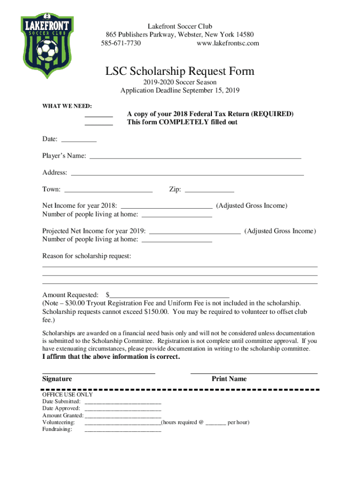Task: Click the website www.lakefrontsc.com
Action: pyautogui.click(x=228, y=44)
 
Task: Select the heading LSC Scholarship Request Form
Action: pyautogui.click(x=180, y=71)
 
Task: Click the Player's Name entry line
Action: pyautogui.click(x=195, y=158)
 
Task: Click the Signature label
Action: pyautogui.click(x=57, y=379)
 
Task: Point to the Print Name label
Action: pyautogui.click(x=229, y=379)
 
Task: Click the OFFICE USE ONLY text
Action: pyautogui.click(x=67, y=394)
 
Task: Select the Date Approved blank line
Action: pyautogui.click(x=122, y=409)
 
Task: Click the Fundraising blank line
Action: pyautogui.click(x=122, y=430)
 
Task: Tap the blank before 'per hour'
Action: pyautogui.click(x=216, y=423)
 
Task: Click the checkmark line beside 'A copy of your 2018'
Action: pyautogui.click(x=99, y=116)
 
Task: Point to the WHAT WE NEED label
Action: pyautogui.click(x=67, y=106)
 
